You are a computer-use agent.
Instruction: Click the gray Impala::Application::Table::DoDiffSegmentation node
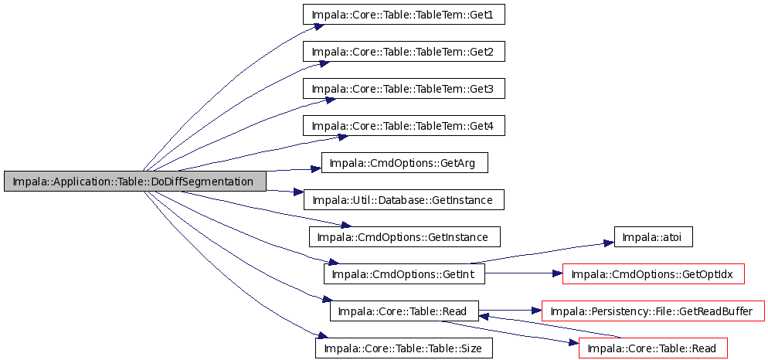coord(134,182)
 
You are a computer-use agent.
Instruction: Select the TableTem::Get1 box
coord(403,15)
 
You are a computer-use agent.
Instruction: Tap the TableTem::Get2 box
coord(403,52)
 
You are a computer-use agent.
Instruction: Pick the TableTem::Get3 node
coord(403,90)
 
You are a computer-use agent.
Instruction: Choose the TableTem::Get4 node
coord(403,126)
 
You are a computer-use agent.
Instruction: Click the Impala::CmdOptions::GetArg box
coord(405,162)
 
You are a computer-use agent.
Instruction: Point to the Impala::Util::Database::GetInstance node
coord(403,200)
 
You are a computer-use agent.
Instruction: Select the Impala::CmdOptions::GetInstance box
coord(405,236)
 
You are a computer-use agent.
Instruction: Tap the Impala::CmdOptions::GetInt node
coord(404,273)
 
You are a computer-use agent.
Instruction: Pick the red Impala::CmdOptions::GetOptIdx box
coord(654,273)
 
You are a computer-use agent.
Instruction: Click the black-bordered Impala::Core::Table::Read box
coord(404,311)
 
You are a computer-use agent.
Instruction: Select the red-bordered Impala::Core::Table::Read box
coord(653,348)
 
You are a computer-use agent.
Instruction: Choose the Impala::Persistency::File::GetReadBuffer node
coord(653,311)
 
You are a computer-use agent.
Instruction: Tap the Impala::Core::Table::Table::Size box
coord(403,348)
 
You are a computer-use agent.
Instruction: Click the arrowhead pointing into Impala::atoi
coord(608,243)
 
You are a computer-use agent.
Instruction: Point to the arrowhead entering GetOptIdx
coord(556,273)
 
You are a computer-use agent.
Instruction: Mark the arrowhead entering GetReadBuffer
coord(536,311)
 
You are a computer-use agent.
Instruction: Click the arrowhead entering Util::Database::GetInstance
coord(297,192)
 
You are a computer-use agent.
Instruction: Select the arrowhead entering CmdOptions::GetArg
coord(316,169)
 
